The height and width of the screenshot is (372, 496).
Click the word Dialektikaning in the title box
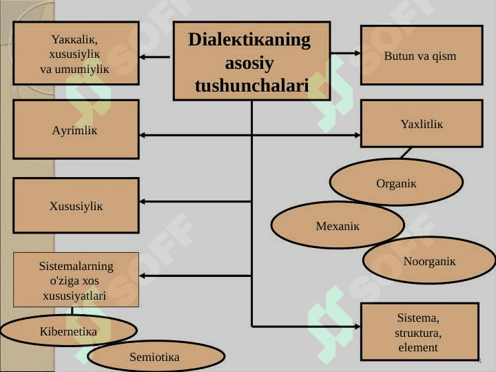click(x=249, y=41)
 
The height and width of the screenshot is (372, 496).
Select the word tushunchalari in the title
click(x=252, y=85)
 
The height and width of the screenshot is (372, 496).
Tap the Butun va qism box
click(x=422, y=55)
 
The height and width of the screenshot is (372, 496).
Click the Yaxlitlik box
click(x=422, y=124)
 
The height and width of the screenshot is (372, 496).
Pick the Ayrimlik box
click(x=76, y=129)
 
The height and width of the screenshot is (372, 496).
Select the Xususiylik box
click(x=76, y=205)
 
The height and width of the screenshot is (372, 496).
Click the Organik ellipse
click(x=396, y=182)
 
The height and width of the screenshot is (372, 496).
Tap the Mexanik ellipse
click(x=338, y=225)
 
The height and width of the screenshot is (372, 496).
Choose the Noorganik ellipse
click(x=429, y=260)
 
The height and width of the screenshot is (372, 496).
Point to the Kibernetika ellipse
click(x=69, y=331)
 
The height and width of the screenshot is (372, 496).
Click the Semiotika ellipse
click(x=156, y=356)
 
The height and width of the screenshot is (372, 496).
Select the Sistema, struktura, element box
click(x=420, y=331)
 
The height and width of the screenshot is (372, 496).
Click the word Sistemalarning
click(x=76, y=266)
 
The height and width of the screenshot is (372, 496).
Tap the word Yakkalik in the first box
click(x=74, y=39)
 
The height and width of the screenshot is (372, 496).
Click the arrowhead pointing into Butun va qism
click(x=358, y=53)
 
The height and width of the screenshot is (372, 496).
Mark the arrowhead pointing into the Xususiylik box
click(x=143, y=201)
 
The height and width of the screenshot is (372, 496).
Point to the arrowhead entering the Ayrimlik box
click(x=143, y=135)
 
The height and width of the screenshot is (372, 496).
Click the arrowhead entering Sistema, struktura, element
click(x=358, y=326)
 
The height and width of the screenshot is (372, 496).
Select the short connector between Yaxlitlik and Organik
click(x=406, y=153)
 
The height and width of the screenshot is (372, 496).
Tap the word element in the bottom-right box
click(x=418, y=347)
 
